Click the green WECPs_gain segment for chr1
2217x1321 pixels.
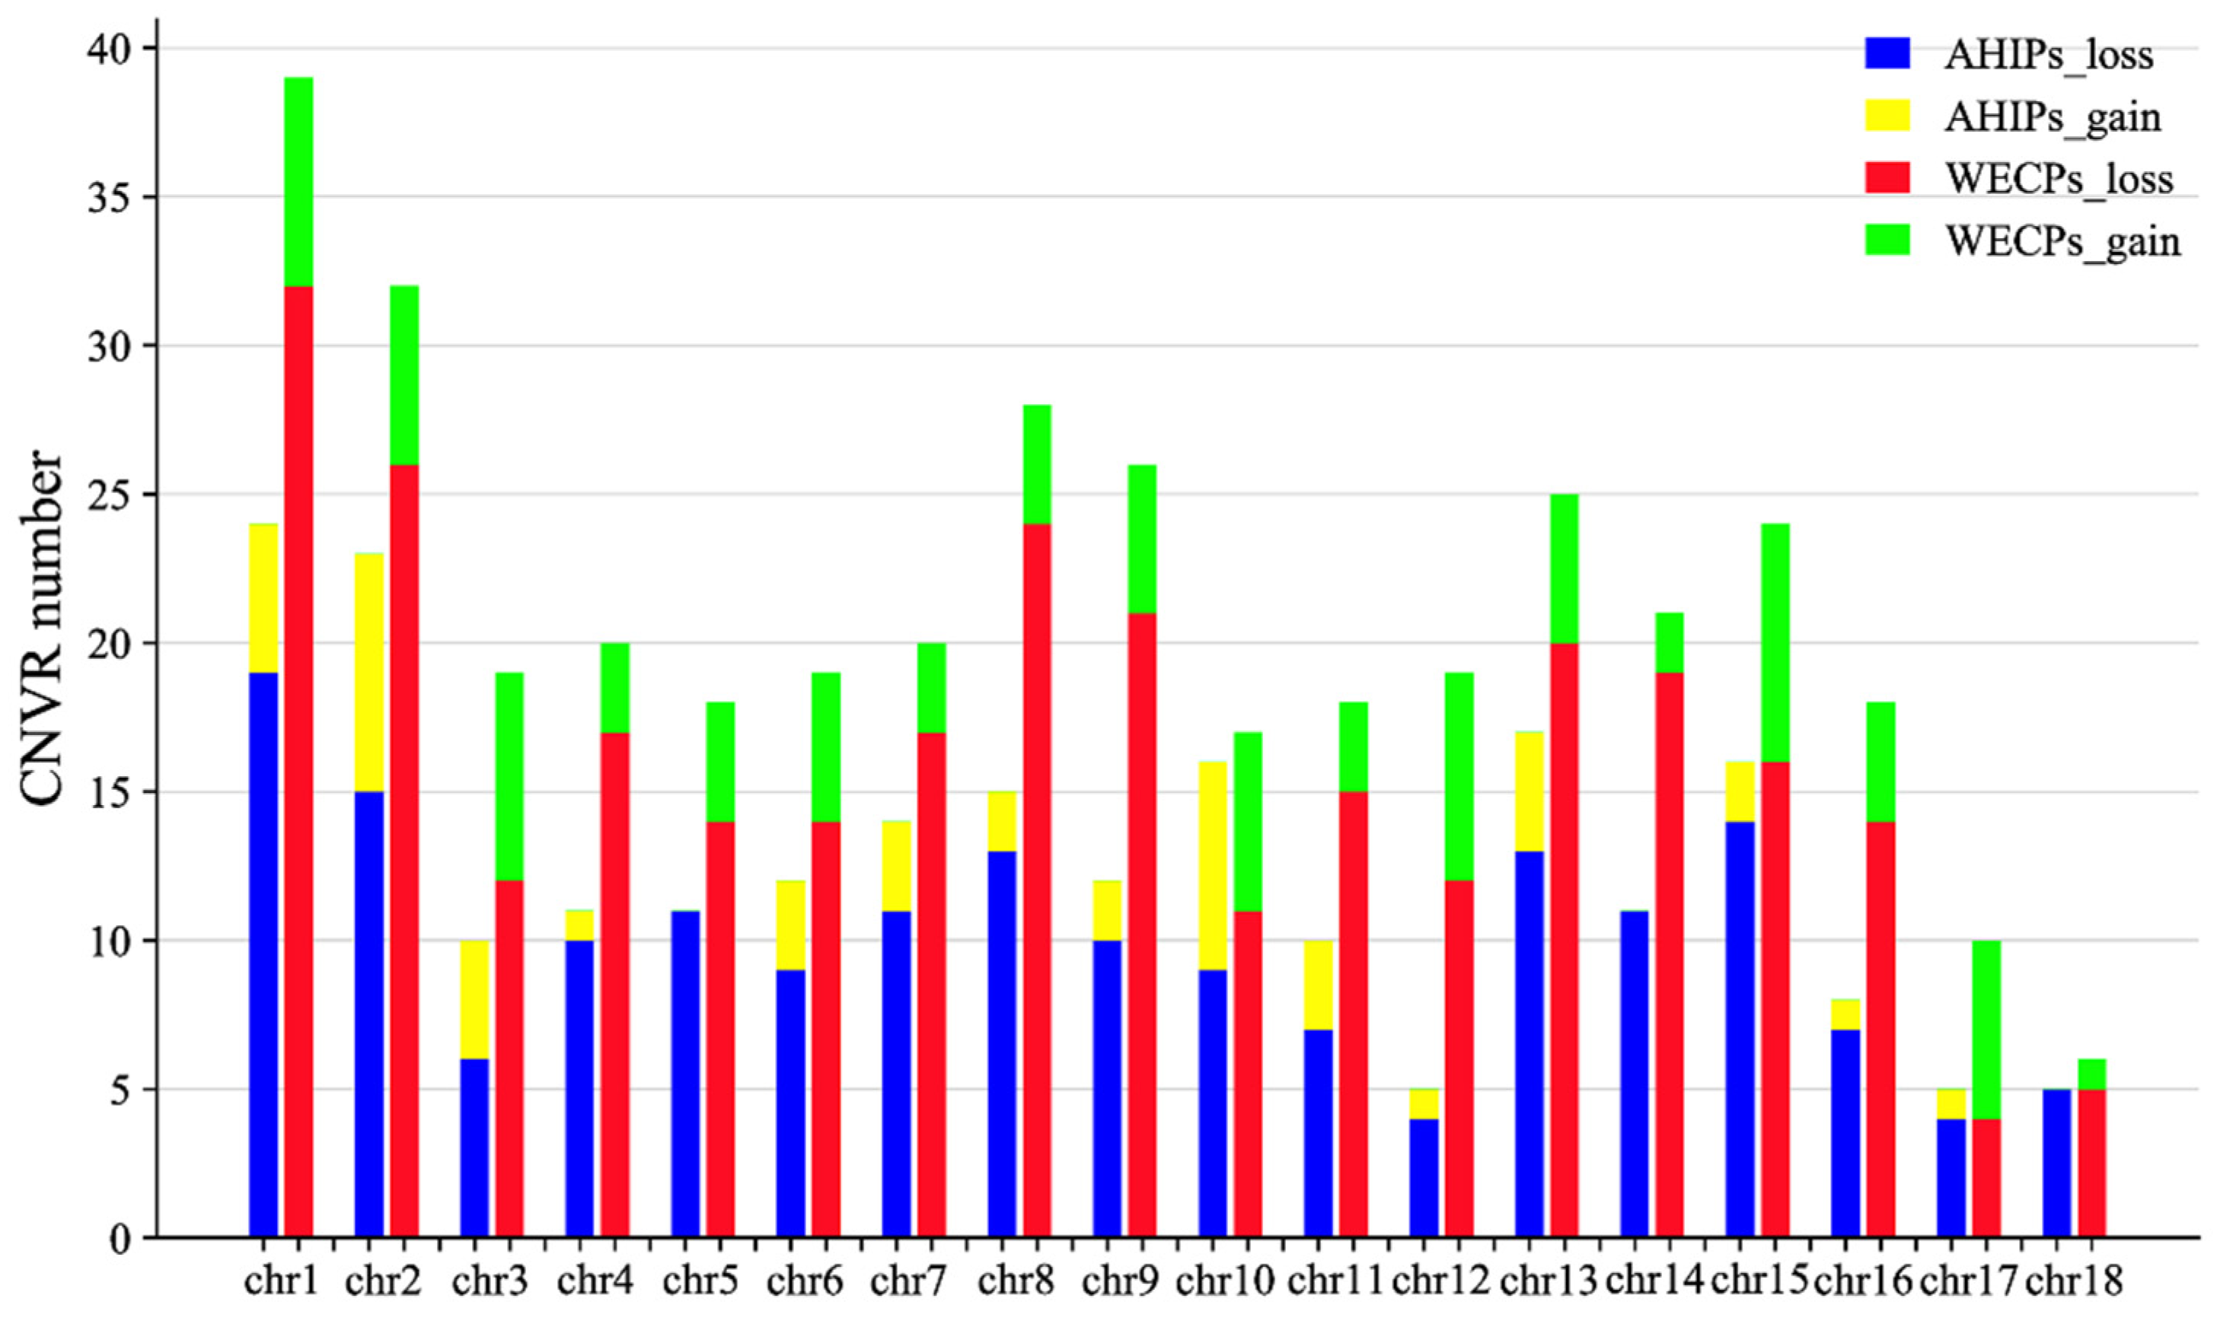(x=298, y=182)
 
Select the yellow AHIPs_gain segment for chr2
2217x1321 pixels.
(x=368, y=672)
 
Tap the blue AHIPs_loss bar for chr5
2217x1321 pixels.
(x=684, y=1074)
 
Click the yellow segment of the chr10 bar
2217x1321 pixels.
(x=1212, y=865)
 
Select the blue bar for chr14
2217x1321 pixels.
(x=1634, y=1074)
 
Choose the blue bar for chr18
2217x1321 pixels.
(x=2056, y=1163)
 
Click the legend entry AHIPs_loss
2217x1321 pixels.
(x=2048, y=56)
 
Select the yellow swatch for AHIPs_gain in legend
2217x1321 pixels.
(x=1887, y=116)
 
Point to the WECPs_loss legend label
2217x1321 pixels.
(x=2059, y=179)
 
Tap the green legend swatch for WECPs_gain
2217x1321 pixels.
(x=1887, y=240)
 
